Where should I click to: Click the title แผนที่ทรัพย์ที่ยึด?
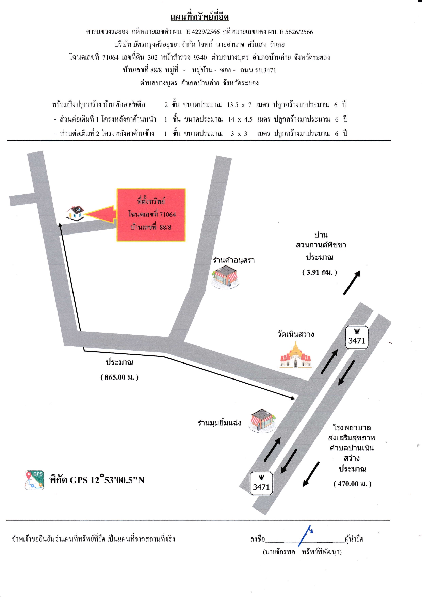coord(199,17)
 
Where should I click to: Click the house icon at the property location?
coord(75,213)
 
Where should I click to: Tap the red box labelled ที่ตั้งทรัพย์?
coord(151,215)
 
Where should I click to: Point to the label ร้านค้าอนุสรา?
coord(234,260)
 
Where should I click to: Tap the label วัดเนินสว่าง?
coord(295,334)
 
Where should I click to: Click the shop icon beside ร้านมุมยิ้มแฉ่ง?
coord(262,421)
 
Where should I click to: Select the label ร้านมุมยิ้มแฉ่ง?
coord(220,423)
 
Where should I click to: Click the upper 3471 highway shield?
coord(357,337)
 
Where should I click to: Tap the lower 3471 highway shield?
coord(261,483)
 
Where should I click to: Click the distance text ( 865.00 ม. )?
coord(119,377)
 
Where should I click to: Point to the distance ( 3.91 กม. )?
coord(320,272)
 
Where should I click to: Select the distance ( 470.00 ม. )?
coord(353,484)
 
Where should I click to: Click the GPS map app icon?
coord(34,480)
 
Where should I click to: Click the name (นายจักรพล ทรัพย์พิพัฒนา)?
coord(302,552)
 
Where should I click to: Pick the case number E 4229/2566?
coord(203,32)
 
